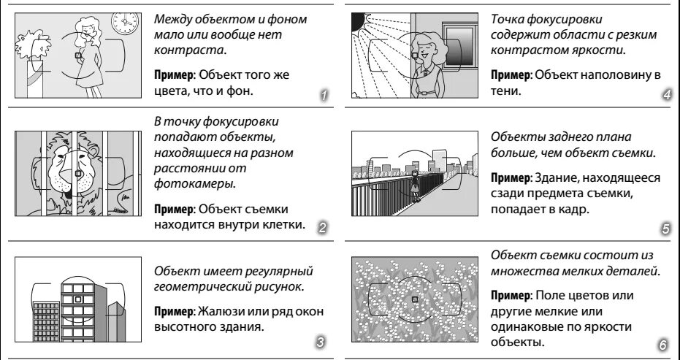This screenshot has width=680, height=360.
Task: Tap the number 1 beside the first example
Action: coord(324,95)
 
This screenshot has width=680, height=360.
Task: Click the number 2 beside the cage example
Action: coord(322,228)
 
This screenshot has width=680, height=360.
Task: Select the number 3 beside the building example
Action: coord(320,341)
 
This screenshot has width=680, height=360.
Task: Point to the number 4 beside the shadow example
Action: coord(667,95)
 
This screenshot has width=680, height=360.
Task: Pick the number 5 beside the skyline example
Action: coord(665,229)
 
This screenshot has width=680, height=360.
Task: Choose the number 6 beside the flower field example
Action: coord(662,345)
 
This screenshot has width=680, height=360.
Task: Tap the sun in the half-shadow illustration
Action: coord(359,21)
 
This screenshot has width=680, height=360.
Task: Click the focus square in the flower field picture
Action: coord(414,299)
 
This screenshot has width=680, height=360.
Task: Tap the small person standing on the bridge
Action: coord(414,185)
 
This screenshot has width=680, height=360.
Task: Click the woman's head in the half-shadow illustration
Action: coord(427,43)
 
